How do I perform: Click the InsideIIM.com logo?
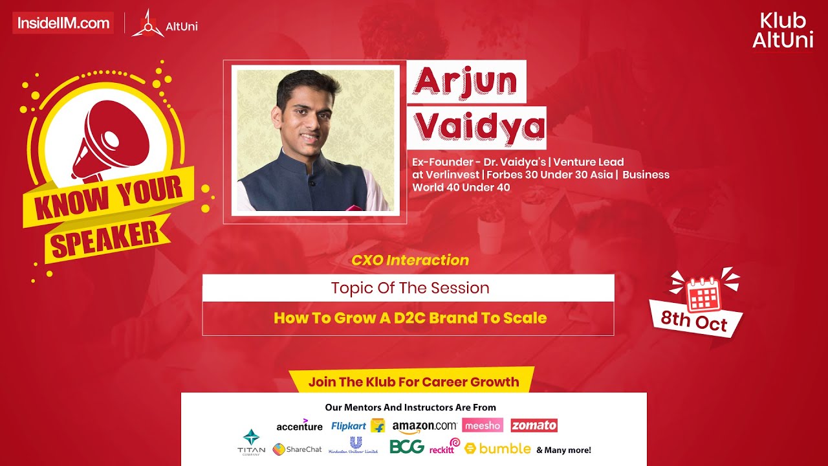[63, 23]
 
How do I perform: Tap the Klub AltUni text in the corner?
[783, 30]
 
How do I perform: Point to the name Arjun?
[466, 81]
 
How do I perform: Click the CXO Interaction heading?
[410, 260]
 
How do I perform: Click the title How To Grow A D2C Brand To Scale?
[410, 318]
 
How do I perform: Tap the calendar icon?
[704, 294]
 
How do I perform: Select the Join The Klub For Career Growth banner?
[413, 381]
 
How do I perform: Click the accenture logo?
[299, 426]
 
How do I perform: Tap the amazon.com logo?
[424, 427]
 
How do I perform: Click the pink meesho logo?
[483, 425]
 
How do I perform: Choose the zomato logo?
[534, 425]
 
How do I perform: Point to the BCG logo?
[407, 447]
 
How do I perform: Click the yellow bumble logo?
[497, 448]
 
